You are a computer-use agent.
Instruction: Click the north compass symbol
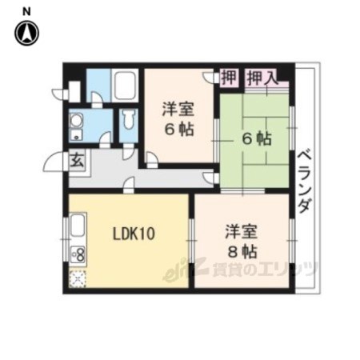(26, 33)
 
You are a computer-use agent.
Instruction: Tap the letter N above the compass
(26, 11)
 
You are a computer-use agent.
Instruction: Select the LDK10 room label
(134, 234)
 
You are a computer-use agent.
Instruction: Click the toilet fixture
(129, 120)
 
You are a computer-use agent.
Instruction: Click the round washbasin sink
(76, 121)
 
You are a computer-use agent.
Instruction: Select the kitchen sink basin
(78, 226)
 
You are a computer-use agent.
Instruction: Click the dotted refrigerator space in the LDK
(78, 279)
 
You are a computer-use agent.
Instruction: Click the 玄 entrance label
(77, 161)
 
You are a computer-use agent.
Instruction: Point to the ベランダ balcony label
(305, 182)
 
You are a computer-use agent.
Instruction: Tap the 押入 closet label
(262, 78)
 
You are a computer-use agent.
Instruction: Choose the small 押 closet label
(229, 77)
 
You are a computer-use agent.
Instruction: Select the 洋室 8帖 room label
(242, 242)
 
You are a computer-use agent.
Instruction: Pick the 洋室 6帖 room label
(178, 120)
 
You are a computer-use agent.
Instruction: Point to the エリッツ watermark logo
(240, 269)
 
